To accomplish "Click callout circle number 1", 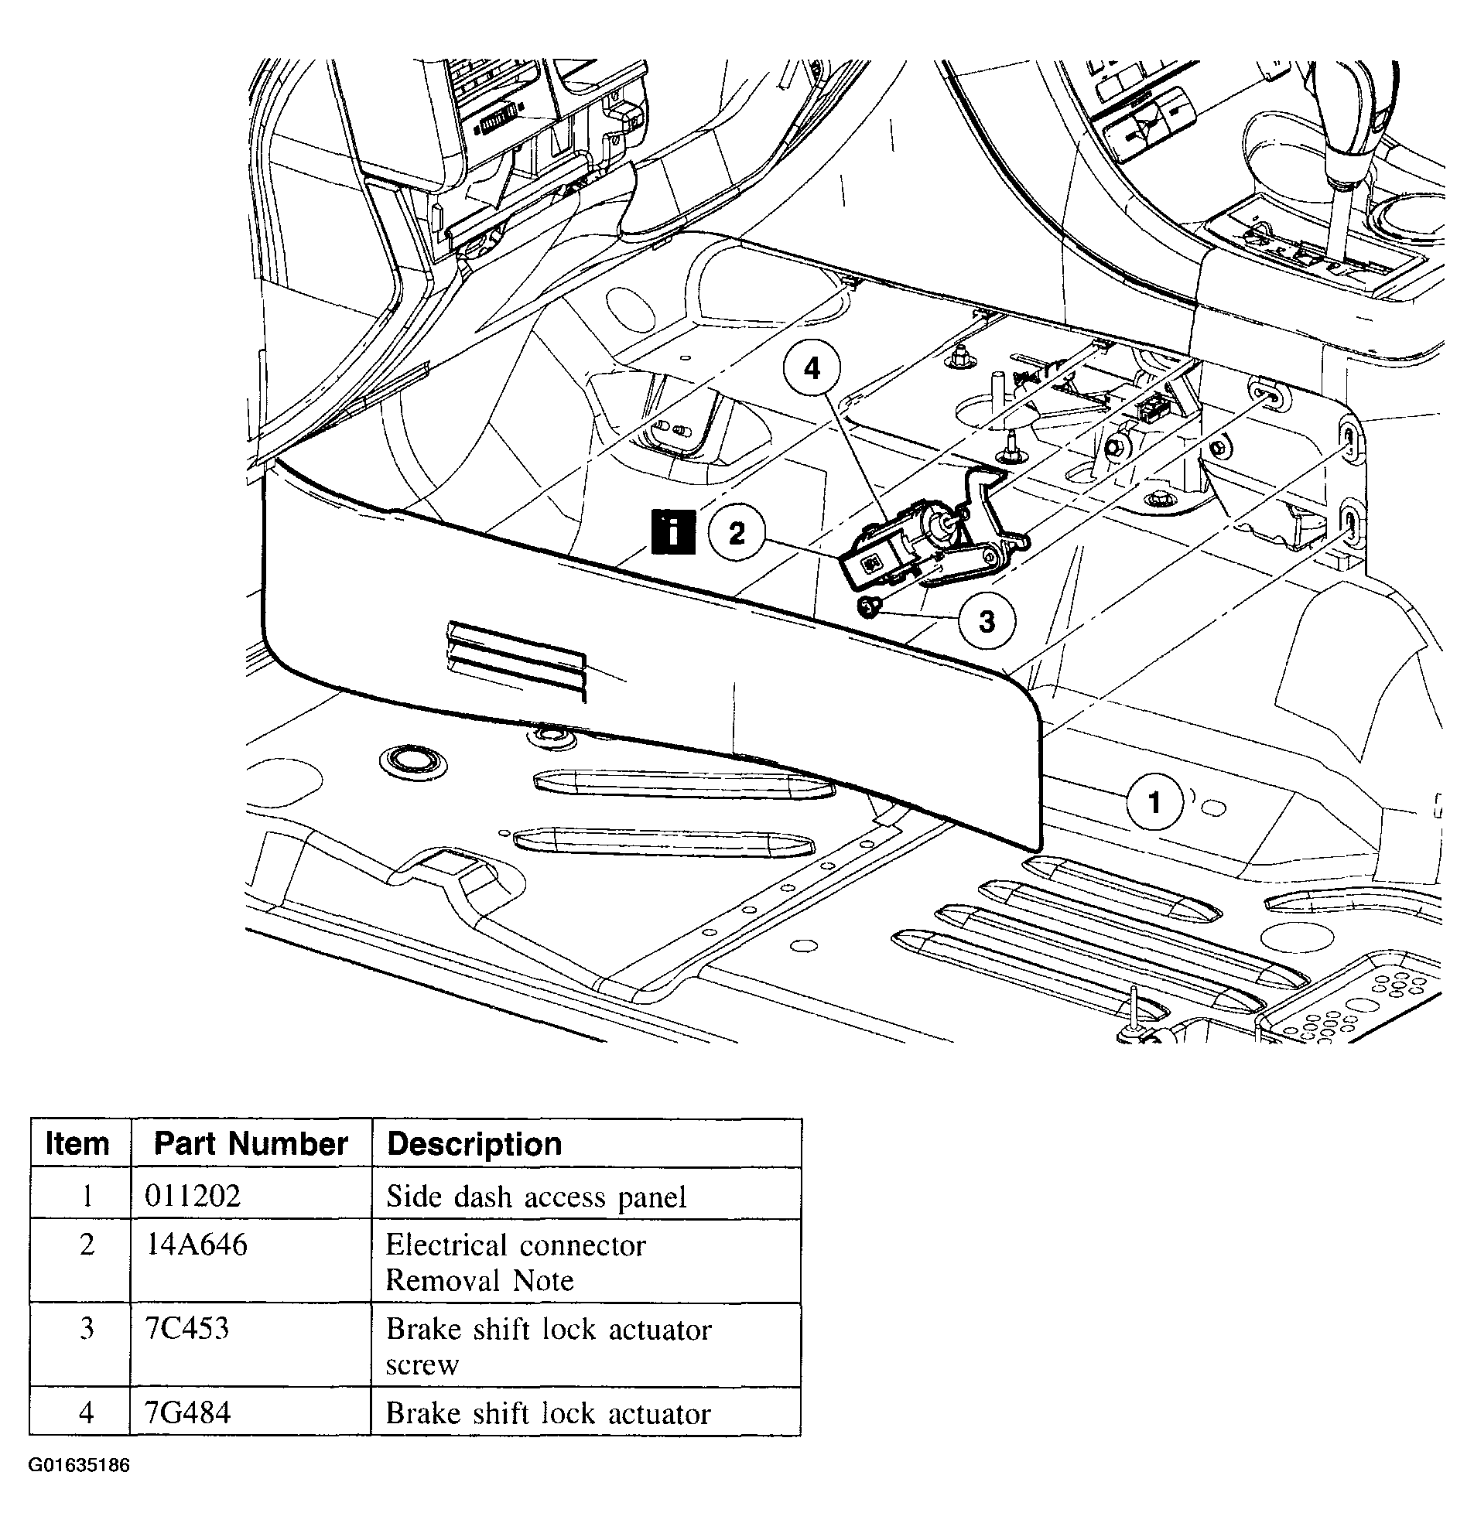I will [x=1154, y=801].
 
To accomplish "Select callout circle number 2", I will [x=737, y=533].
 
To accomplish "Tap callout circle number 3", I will [x=987, y=621].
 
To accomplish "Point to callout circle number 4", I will [x=812, y=367].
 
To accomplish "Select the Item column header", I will [x=78, y=1143].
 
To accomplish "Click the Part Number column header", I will [x=251, y=1143].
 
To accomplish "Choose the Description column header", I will [x=474, y=1144].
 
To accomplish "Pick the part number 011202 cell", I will [x=193, y=1195].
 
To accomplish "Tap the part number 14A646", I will [x=197, y=1245].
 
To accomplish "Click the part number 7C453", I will [x=187, y=1328].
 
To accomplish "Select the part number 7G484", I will [x=188, y=1412].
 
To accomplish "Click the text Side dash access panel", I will [x=536, y=1197].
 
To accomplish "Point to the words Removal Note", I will [x=480, y=1280].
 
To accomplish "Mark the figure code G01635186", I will [x=79, y=1465].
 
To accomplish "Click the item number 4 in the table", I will [x=87, y=1412].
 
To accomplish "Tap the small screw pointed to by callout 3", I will [x=868, y=606].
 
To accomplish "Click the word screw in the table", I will [x=422, y=1364].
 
